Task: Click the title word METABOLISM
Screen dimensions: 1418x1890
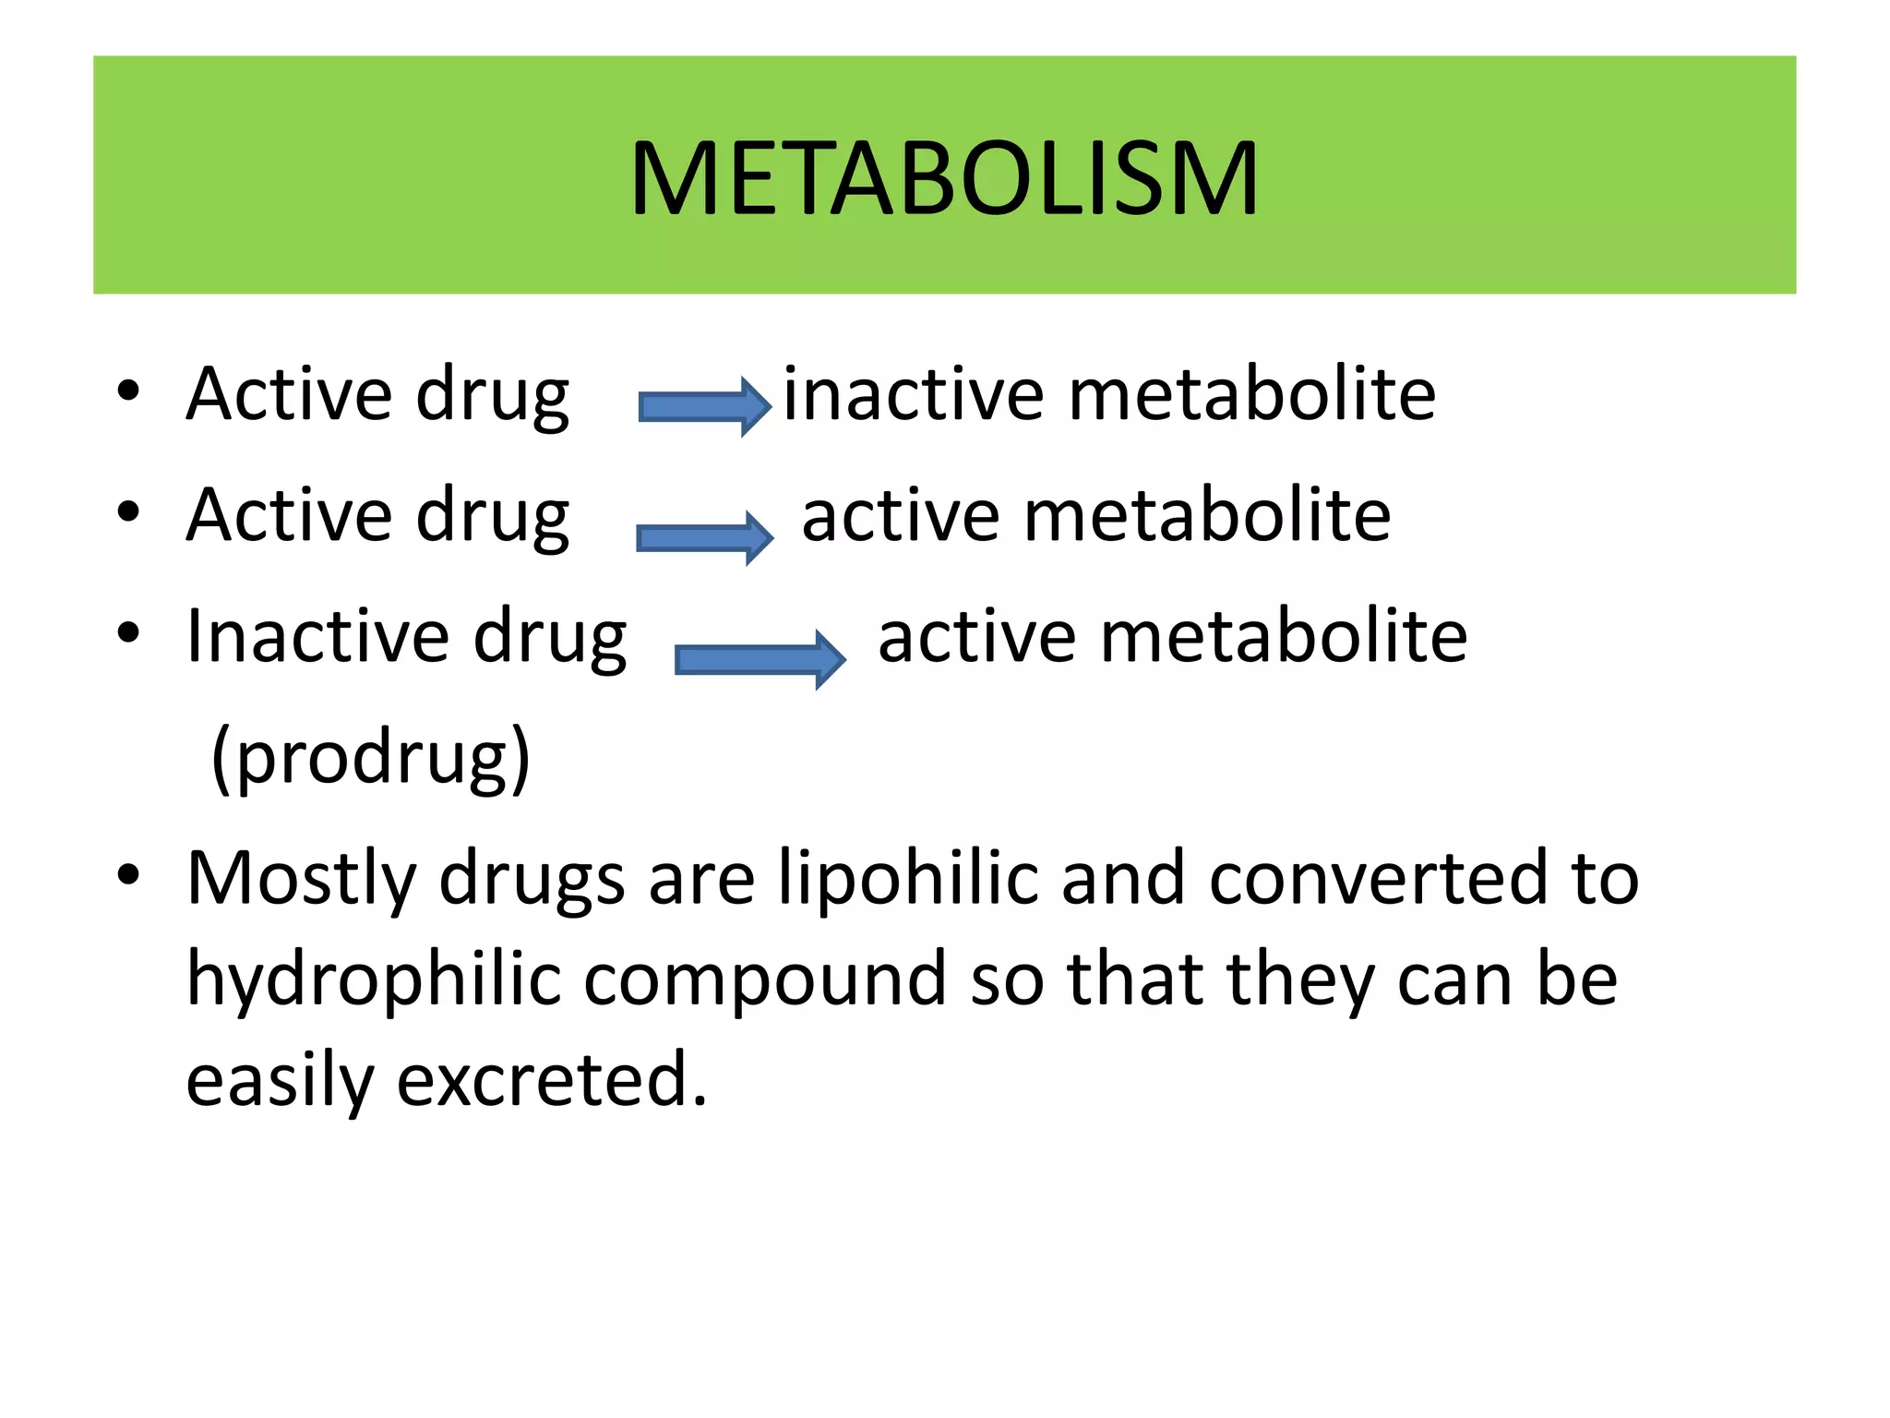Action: (x=943, y=179)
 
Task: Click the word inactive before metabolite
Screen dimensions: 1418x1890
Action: (x=914, y=395)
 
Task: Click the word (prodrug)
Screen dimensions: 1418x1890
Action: (x=371, y=758)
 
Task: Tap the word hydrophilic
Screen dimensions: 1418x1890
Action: (x=374, y=979)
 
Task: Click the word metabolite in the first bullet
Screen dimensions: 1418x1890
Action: (x=1251, y=395)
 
